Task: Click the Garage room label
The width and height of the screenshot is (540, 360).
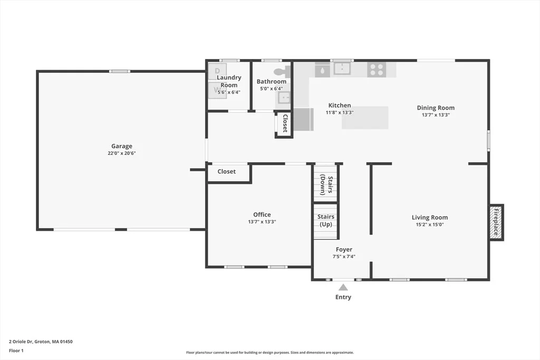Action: coord(122,147)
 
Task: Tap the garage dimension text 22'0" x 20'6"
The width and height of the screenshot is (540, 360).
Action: coord(122,153)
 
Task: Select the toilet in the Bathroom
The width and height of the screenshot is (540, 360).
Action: coord(282,72)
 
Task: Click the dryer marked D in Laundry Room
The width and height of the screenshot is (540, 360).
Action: coord(217,71)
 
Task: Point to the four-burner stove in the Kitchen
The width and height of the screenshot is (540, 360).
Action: coord(377,70)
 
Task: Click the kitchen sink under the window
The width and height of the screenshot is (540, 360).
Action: coord(342,69)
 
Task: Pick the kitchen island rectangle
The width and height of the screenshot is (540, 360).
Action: coord(365,118)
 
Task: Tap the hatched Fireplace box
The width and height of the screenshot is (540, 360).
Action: coord(496,222)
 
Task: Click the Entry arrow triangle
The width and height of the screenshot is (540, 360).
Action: coord(343,287)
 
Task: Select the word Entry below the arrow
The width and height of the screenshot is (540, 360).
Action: coord(343,297)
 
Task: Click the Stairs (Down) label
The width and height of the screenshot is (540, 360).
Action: coord(326,185)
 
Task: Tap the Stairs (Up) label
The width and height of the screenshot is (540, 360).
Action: coord(326,220)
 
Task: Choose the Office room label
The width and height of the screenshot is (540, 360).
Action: coord(262,215)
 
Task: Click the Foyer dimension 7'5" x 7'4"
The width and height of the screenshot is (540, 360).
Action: coord(344,256)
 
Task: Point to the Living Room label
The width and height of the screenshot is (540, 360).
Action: coord(430,218)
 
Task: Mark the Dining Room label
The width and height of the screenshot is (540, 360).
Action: coord(436,108)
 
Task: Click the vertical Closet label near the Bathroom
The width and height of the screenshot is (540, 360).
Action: coord(285,123)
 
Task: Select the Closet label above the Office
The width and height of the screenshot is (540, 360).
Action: coord(227,171)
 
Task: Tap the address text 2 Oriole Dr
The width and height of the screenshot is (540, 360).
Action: coord(21,342)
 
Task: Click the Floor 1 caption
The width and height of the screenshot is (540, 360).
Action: coord(16,351)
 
